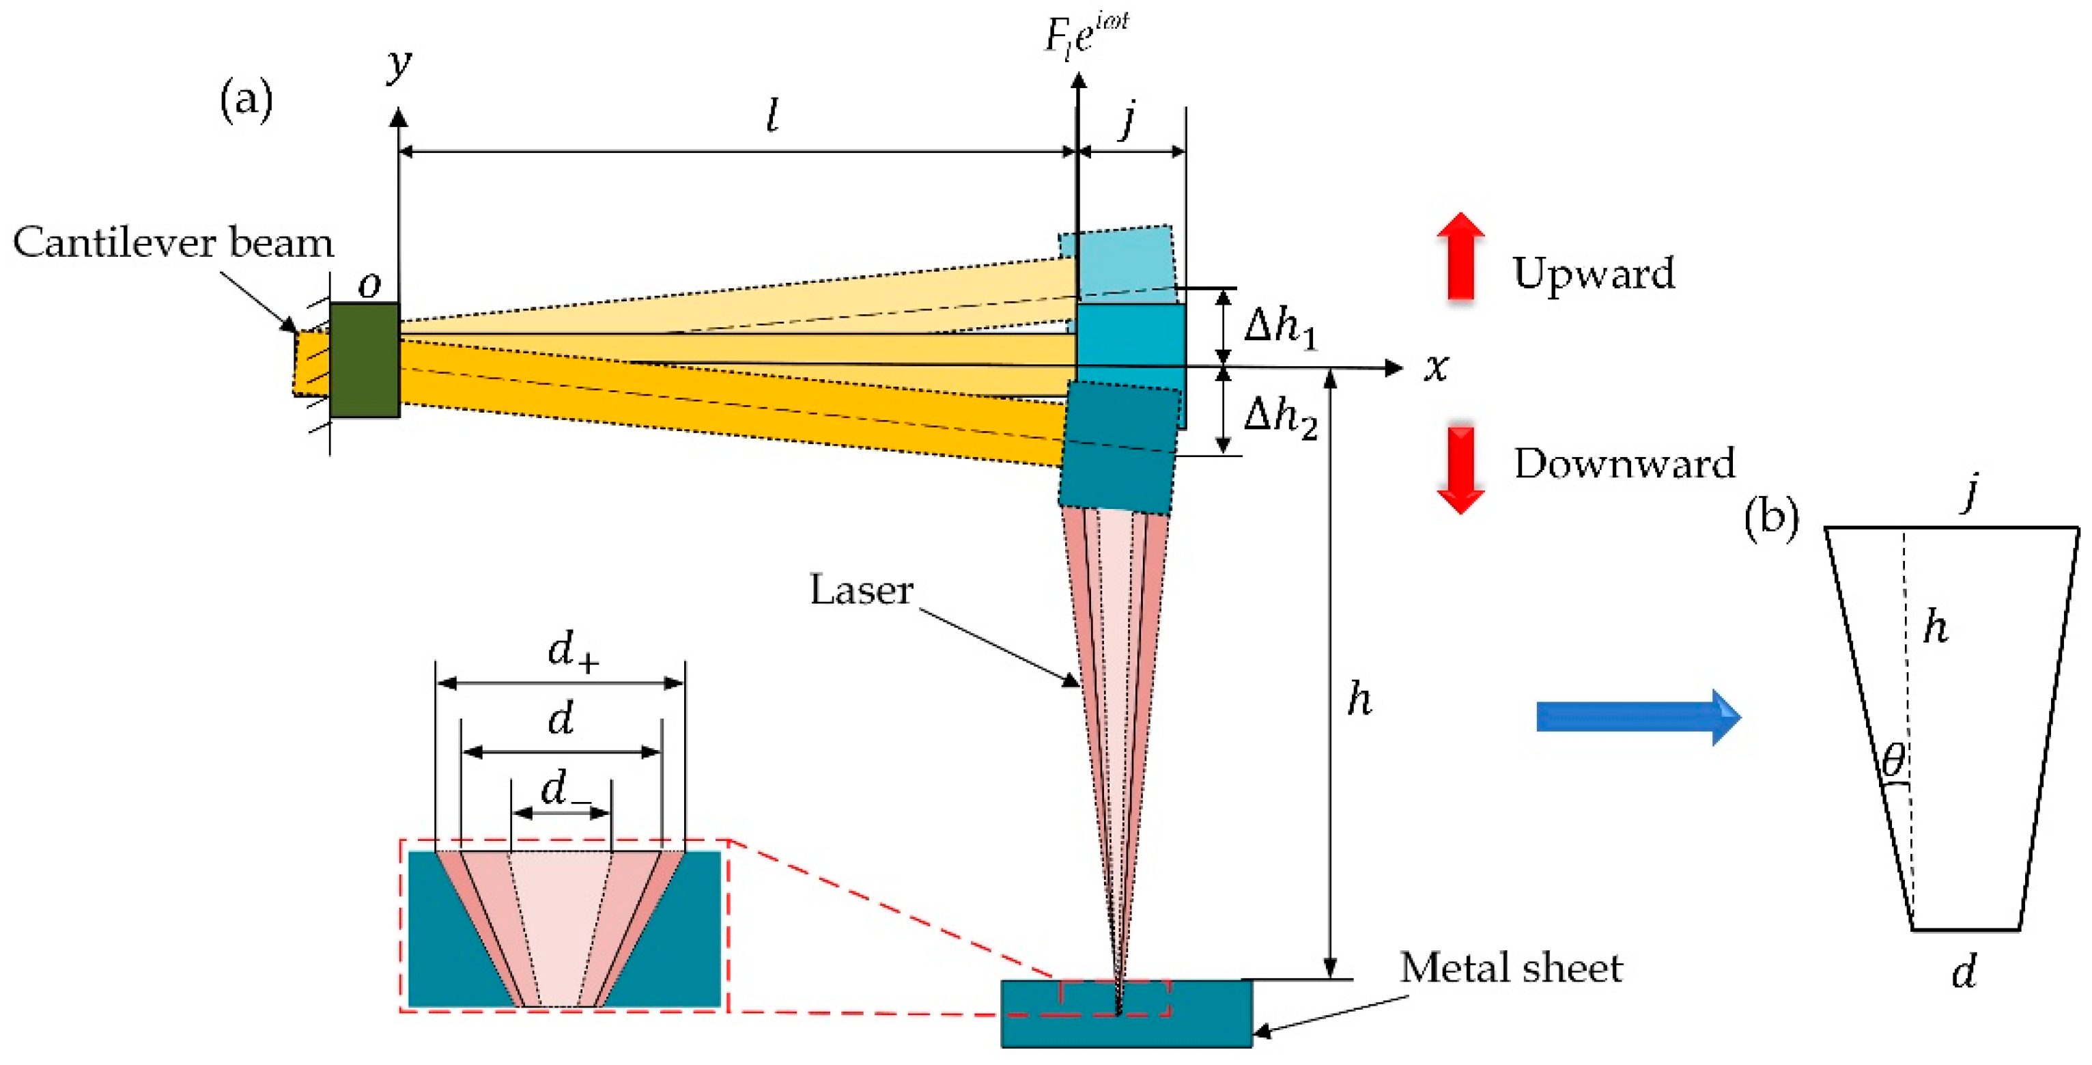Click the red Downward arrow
tap(1460, 469)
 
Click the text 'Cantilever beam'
tap(173, 243)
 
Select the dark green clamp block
tap(364, 360)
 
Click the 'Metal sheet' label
tap(1510, 967)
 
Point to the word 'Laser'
tap(861, 590)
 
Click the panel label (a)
tap(246, 100)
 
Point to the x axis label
tap(1436, 368)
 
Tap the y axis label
tap(399, 64)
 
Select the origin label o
tap(369, 284)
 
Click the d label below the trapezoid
tap(1964, 970)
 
